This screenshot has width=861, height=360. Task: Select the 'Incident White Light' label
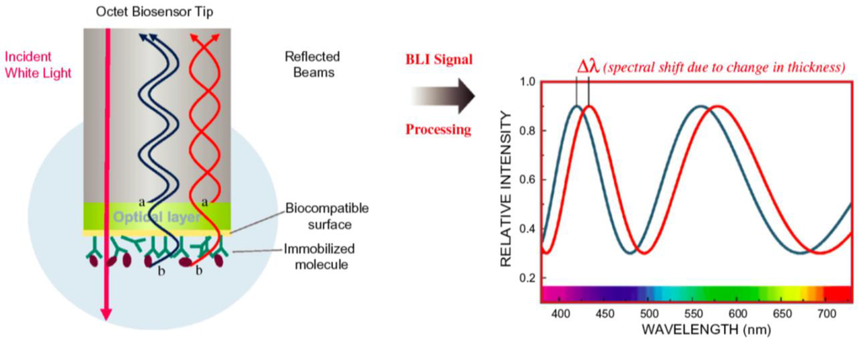pos(39,65)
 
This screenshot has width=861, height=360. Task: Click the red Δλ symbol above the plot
pos(586,67)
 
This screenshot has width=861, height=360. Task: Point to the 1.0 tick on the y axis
pos(527,82)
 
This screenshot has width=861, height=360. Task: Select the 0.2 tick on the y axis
pos(527,278)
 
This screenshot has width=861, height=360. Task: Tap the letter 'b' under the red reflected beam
pos(199,272)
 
